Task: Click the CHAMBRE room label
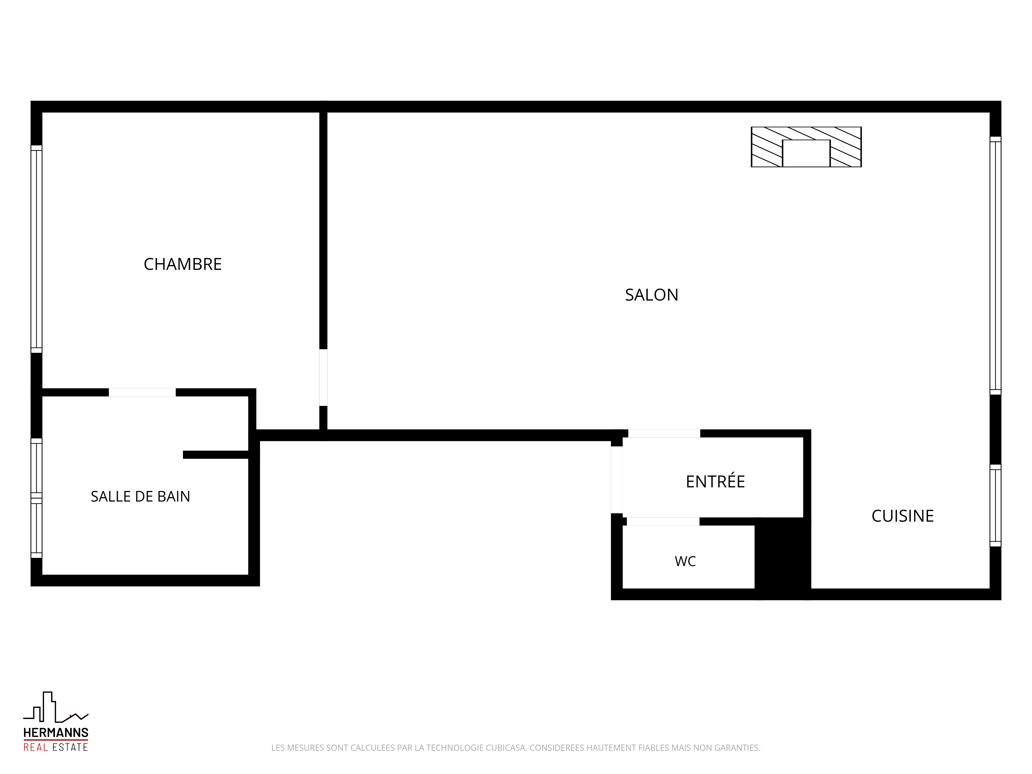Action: [182, 264]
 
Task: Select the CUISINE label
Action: [902, 516]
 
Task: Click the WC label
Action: [685, 561]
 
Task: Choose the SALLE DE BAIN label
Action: [140, 496]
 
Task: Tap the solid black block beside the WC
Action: [783, 559]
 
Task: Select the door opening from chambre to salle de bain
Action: [142, 392]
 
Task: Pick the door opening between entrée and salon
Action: [664, 433]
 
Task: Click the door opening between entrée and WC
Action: [663, 522]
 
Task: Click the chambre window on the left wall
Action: [36, 249]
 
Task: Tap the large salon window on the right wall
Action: [995, 265]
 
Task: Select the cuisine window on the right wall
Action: [995, 505]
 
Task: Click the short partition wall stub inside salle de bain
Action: [215, 455]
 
